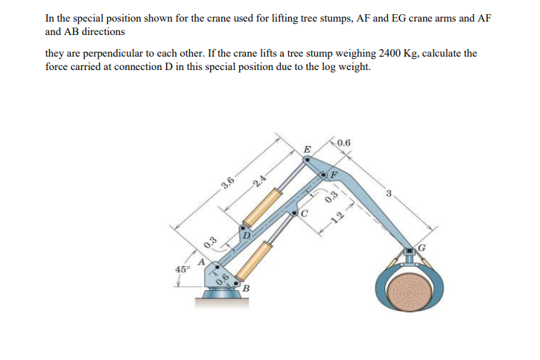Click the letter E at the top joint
[x=307, y=151]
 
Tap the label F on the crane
[x=334, y=174]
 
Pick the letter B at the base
[x=244, y=289]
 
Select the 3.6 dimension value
[x=228, y=183]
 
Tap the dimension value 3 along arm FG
[x=389, y=194]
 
